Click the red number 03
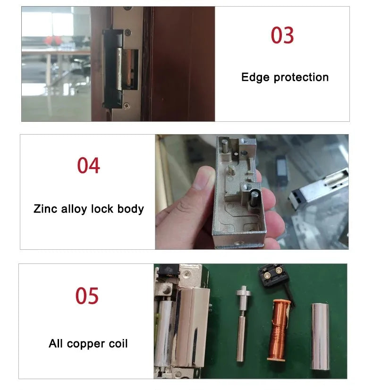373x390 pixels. [282, 35]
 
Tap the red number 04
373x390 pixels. [88, 166]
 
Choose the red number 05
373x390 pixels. [87, 296]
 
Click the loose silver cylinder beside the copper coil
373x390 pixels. [321, 336]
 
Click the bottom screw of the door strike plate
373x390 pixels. [126, 106]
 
